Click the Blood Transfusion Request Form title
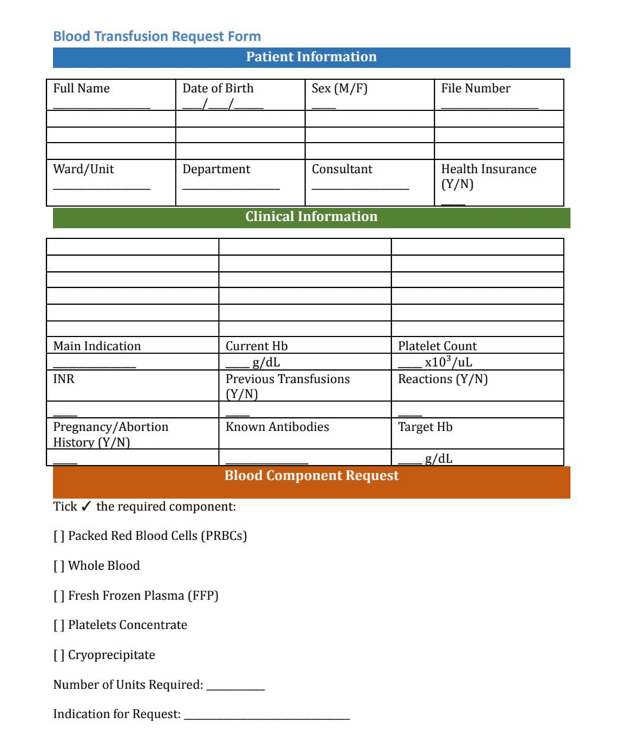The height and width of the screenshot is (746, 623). tap(157, 36)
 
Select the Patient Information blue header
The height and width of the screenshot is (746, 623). tap(311, 57)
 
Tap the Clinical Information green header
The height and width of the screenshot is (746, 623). tap(311, 217)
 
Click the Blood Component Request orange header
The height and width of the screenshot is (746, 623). tap(311, 475)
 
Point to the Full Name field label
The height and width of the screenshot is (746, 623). tap(81, 88)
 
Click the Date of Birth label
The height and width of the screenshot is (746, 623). tap(217, 88)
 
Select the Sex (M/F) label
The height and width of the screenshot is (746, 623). tap(339, 88)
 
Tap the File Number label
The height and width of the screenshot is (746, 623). tap(475, 88)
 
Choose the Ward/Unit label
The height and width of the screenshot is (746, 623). tap(83, 169)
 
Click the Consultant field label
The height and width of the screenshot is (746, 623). tap(342, 169)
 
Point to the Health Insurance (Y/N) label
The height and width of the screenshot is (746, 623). tap(488, 177)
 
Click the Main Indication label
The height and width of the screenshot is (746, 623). tap(97, 346)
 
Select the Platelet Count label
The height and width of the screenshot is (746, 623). tap(437, 346)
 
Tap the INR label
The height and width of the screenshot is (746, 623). tap(63, 379)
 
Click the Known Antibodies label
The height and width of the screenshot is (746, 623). tap(277, 427)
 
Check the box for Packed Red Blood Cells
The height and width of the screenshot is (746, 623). tap(58, 536)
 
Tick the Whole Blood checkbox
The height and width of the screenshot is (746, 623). tap(58, 566)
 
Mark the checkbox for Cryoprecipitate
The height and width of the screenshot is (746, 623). tap(58, 655)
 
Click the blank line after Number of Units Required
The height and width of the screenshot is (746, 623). tap(235, 688)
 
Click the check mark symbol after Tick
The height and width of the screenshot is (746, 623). tap(87, 507)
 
